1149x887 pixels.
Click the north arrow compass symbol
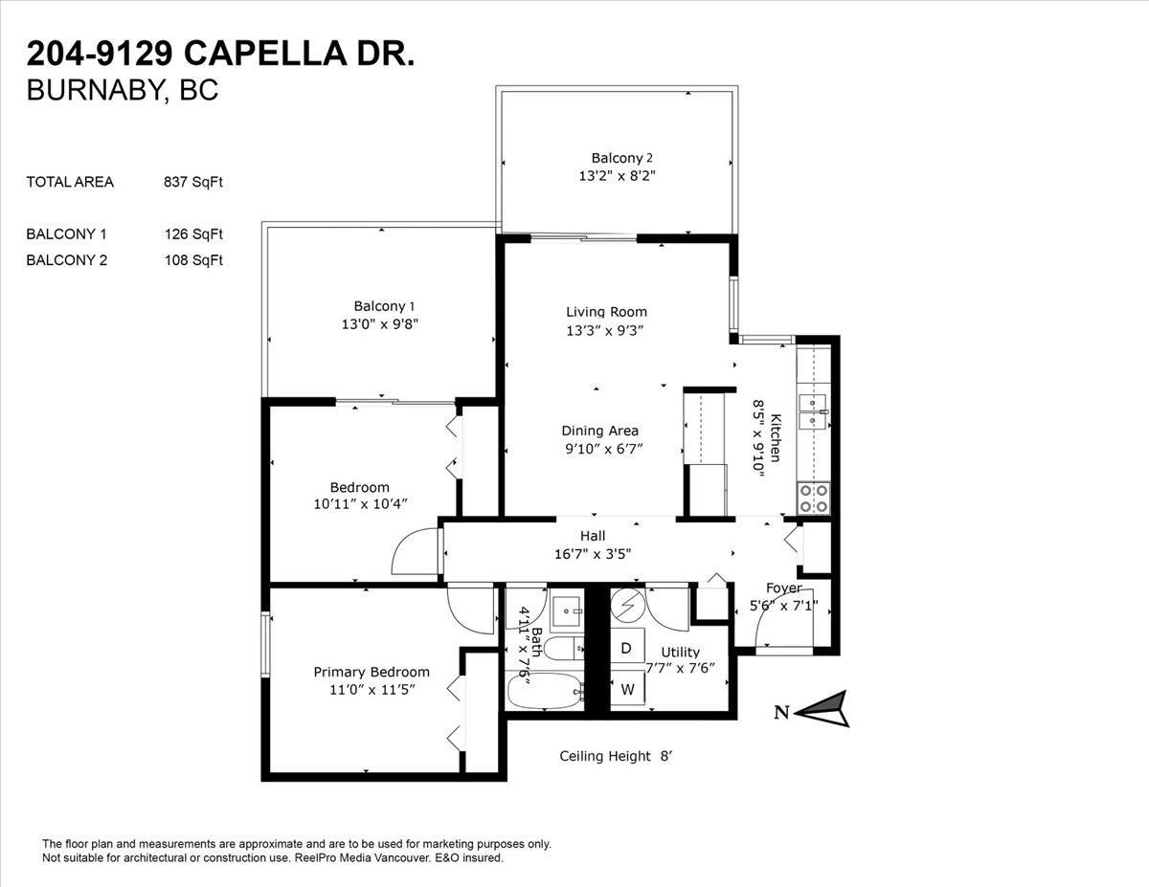click(x=822, y=709)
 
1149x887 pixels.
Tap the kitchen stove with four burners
click(x=813, y=499)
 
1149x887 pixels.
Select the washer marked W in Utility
click(x=627, y=688)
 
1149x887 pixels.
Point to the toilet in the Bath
click(x=564, y=648)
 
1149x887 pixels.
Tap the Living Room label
click(x=606, y=312)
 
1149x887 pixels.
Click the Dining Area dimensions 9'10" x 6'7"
click(x=604, y=449)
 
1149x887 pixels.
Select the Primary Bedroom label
click(x=372, y=672)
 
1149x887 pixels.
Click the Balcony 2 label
click(x=621, y=158)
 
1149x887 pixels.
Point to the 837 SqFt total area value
click(x=193, y=182)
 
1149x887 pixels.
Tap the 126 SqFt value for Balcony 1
click(x=193, y=234)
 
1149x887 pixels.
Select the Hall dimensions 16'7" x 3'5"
click(x=593, y=554)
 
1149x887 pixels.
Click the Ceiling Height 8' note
click(x=616, y=756)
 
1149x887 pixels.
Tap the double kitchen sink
click(x=813, y=411)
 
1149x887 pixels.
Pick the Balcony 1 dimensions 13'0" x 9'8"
click(x=380, y=323)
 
